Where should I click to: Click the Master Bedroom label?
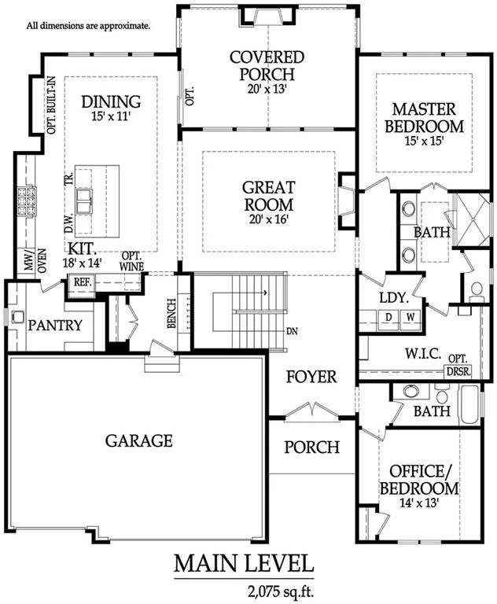click(424, 117)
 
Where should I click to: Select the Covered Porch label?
click(267, 65)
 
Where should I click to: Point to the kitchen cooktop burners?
click(26, 201)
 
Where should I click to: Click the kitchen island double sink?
click(84, 201)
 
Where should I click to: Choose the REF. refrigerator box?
click(83, 282)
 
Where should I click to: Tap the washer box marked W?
click(410, 318)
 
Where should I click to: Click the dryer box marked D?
click(389, 318)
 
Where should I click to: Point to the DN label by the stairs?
click(292, 331)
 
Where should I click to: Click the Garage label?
click(138, 440)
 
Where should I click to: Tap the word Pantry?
click(55, 326)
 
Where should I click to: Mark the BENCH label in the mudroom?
click(171, 314)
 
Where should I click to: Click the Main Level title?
click(244, 564)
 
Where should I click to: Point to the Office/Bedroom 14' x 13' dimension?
click(419, 503)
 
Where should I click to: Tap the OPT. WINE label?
click(131, 262)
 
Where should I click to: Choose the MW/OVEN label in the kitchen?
click(35, 261)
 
